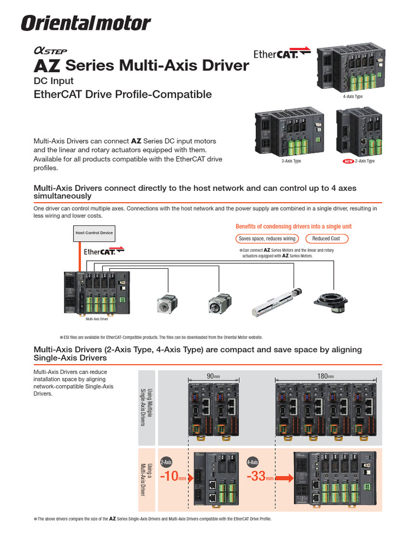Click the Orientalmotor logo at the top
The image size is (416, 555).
[x=86, y=23]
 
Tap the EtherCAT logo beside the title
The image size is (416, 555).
[x=276, y=54]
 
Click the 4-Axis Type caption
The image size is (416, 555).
[x=353, y=96]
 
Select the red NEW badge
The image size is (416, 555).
[x=347, y=161]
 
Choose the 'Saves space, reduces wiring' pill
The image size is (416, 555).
[x=267, y=238]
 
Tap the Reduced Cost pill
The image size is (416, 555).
[x=326, y=238]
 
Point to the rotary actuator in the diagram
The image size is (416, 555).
[x=331, y=301]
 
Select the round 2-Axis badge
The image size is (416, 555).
[x=166, y=462]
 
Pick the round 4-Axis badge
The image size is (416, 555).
[x=252, y=462]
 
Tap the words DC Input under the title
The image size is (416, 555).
[x=54, y=82]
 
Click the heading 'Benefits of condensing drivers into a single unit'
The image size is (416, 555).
[x=297, y=226]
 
